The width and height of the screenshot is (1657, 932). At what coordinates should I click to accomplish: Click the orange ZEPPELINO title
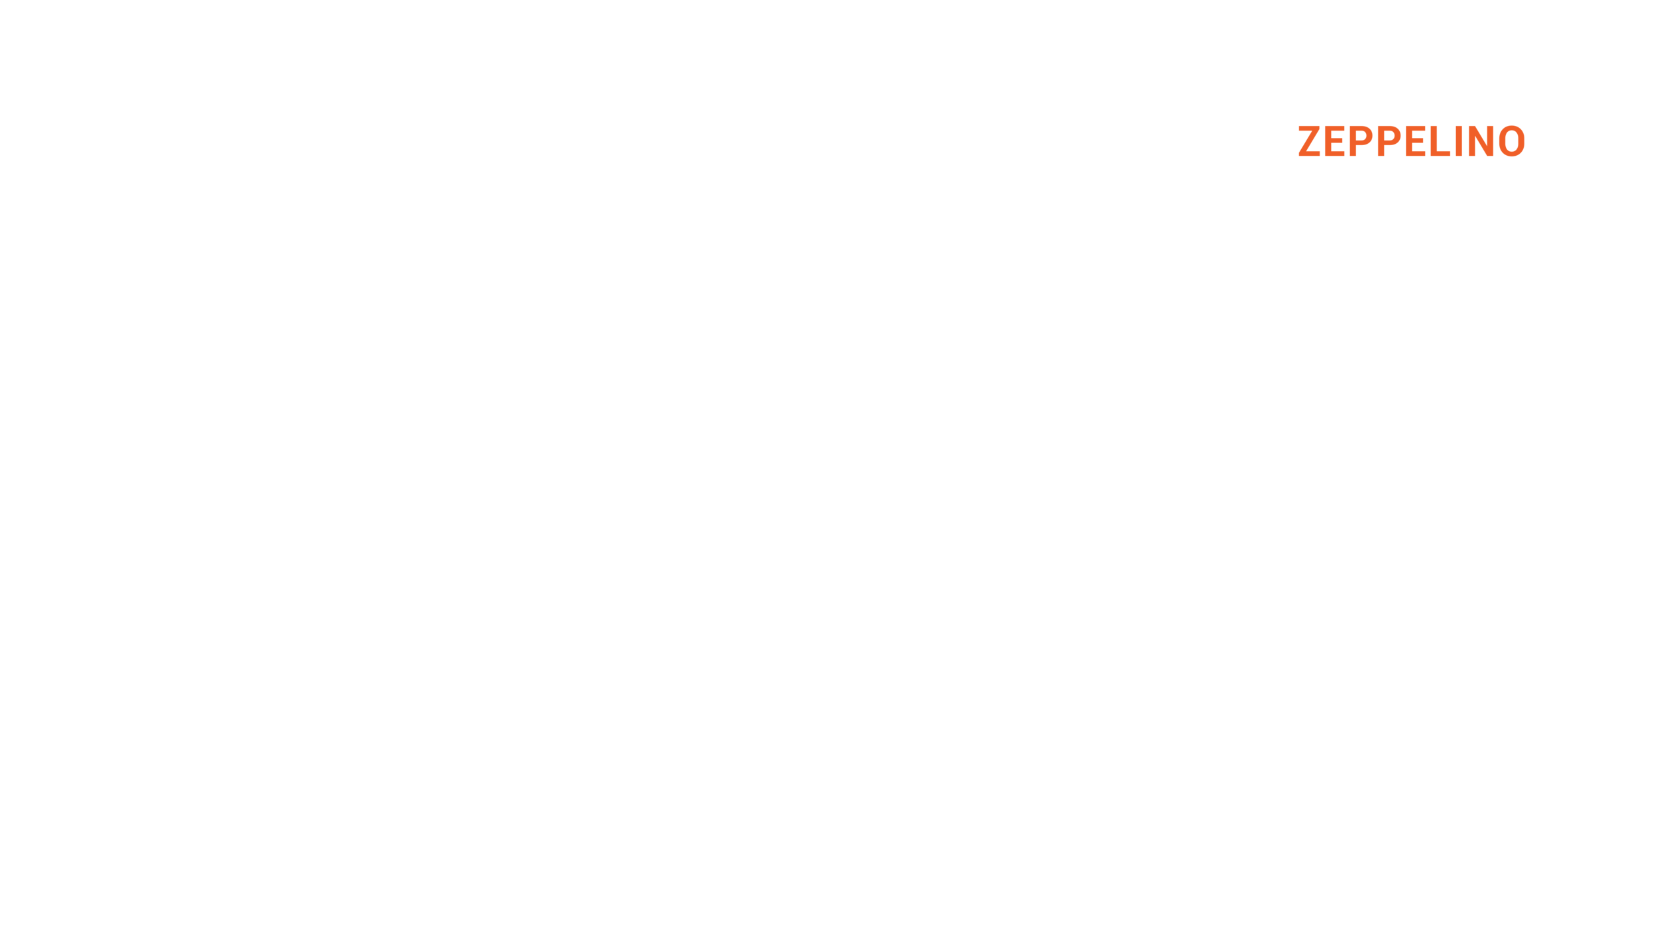coord(1411,141)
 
